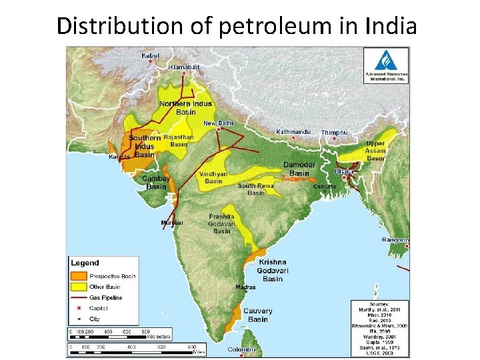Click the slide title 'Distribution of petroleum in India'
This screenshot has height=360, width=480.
point(237,26)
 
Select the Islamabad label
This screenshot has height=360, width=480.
point(183,67)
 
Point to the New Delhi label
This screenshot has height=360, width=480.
point(219,123)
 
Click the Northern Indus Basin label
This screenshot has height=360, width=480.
point(185,108)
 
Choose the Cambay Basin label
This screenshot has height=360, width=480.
point(157,183)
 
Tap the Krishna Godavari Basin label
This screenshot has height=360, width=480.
point(273,271)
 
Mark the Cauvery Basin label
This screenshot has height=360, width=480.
point(257,315)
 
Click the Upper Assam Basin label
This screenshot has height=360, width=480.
point(376,151)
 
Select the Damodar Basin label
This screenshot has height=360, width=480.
point(299,169)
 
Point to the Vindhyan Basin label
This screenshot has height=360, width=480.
point(213,177)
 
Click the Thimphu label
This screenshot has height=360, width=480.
point(334,133)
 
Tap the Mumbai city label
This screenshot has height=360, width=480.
point(171,222)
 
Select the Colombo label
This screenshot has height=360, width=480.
point(241,349)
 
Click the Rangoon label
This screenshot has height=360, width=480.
point(395,239)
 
